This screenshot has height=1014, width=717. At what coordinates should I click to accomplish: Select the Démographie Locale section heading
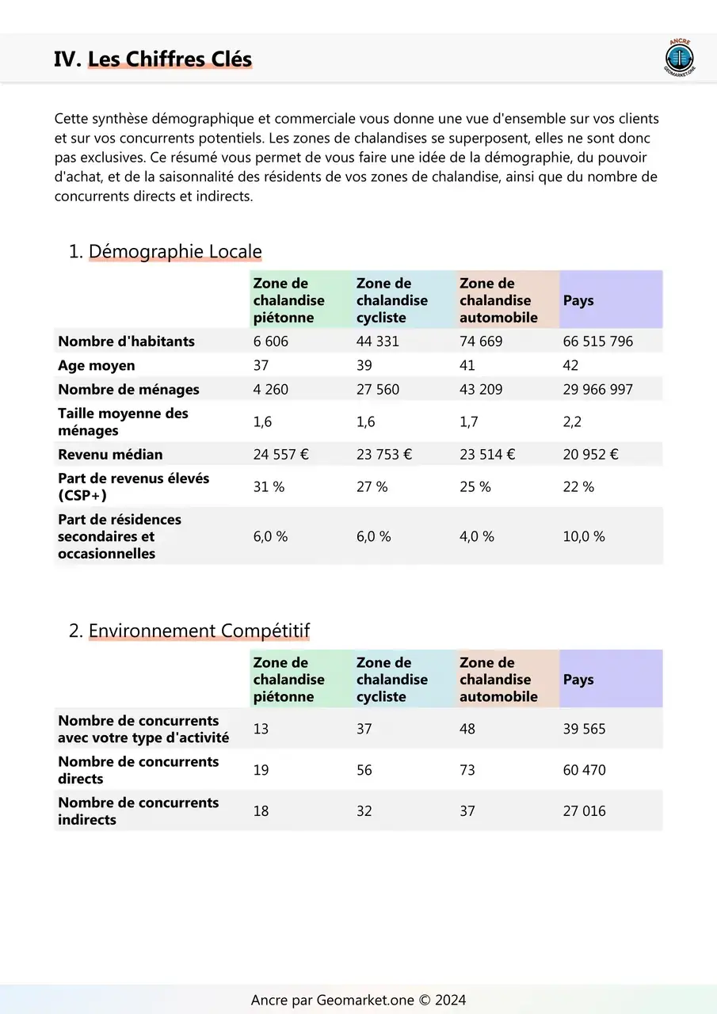(x=174, y=252)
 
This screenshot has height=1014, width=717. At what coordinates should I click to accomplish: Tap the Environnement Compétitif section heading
(x=199, y=631)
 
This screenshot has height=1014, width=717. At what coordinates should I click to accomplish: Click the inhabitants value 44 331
(x=378, y=341)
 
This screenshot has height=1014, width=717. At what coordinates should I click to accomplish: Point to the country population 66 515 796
(x=598, y=341)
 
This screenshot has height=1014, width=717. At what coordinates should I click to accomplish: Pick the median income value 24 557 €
(x=281, y=455)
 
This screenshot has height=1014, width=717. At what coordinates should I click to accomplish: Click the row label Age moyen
(x=97, y=365)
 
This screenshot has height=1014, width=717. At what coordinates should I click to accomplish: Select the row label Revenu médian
(x=110, y=455)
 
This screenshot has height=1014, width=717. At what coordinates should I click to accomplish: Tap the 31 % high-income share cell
(x=269, y=487)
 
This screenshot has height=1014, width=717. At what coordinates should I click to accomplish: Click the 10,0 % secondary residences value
(x=584, y=536)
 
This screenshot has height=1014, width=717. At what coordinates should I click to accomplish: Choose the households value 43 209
(x=481, y=390)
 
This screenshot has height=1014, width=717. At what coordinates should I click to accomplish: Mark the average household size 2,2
(x=572, y=422)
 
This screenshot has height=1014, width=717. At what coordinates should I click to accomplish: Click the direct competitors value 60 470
(x=584, y=770)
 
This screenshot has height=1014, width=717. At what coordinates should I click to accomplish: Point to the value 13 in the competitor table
(x=261, y=729)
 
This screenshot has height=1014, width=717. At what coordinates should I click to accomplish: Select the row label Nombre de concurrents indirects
(x=138, y=811)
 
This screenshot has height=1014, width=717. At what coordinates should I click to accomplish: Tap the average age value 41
(x=467, y=365)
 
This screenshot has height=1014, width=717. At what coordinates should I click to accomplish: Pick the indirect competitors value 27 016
(x=584, y=811)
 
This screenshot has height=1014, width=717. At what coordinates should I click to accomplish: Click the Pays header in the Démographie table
(x=578, y=300)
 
